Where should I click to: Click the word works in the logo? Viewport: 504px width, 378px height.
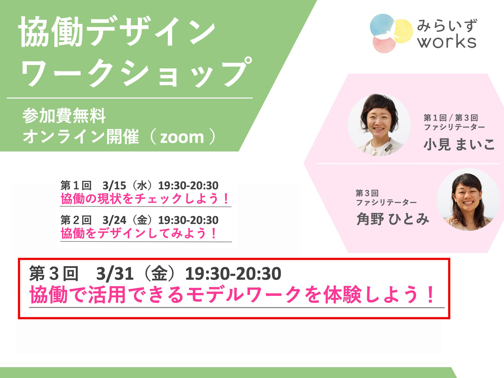pyautogui.click(x=447, y=41)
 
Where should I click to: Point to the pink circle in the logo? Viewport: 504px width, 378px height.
pyautogui.click(x=384, y=44)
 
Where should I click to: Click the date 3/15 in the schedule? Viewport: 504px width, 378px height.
pyautogui.click(x=114, y=186)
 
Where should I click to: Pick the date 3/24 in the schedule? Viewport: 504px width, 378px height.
pyautogui.click(x=114, y=220)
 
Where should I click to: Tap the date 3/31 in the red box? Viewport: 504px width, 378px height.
pyautogui.click(x=115, y=274)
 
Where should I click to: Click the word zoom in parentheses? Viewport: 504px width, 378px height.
pyautogui.click(x=182, y=137)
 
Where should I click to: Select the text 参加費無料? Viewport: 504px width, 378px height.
pyautogui.click(x=64, y=116)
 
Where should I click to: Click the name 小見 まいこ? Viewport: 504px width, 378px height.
pyautogui.click(x=459, y=144)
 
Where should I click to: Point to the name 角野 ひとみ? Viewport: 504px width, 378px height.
pyautogui.click(x=393, y=219)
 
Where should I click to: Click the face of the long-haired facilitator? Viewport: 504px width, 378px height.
pyautogui.click(x=468, y=197)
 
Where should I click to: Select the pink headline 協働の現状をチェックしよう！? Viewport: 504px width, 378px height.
pyautogui.click(x=145, y=199)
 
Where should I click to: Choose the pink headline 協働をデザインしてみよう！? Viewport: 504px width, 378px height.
pyautogui.click(x=139, y=233)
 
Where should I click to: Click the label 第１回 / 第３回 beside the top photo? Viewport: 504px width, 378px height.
pyautogui.click(x=451, y=118)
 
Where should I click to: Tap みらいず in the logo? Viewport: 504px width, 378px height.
pyautogui.click(x=447, y=25)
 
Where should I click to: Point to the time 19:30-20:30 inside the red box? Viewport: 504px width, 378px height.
pyautogui.click(x=233, y=274)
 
